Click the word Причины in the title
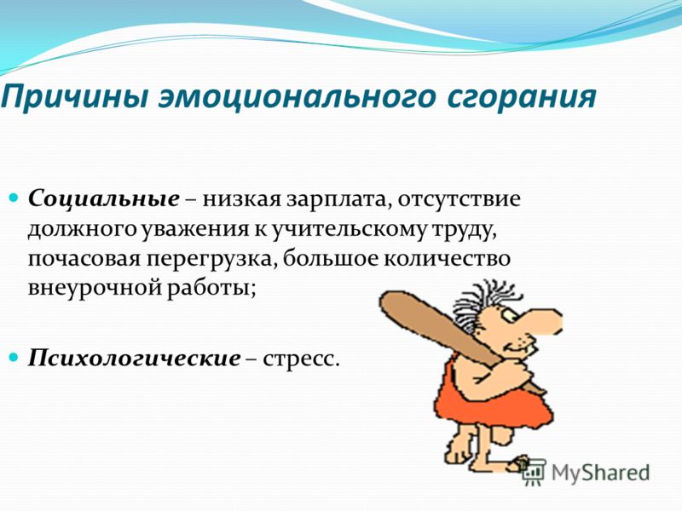(x=75, y=98)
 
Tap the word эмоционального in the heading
(x=297, y=98)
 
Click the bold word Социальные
(x=103, y=199)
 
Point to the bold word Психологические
(x=134, y=359)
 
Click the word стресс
(x=301, y=359)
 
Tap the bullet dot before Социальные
(x=14, y=198)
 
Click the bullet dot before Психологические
(x=14, y=358)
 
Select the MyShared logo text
(x=600, y=473)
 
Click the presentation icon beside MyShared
(x=534, y=471)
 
